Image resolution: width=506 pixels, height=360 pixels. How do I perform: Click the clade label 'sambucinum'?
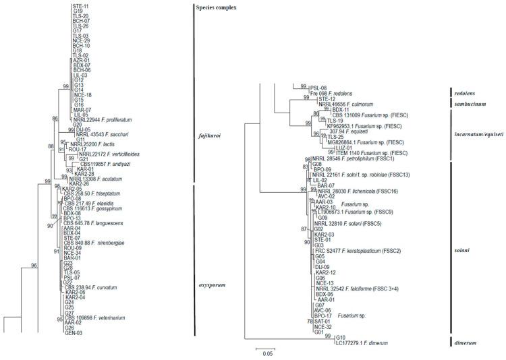point(474,103)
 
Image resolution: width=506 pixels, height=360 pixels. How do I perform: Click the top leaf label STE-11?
point(80,5)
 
